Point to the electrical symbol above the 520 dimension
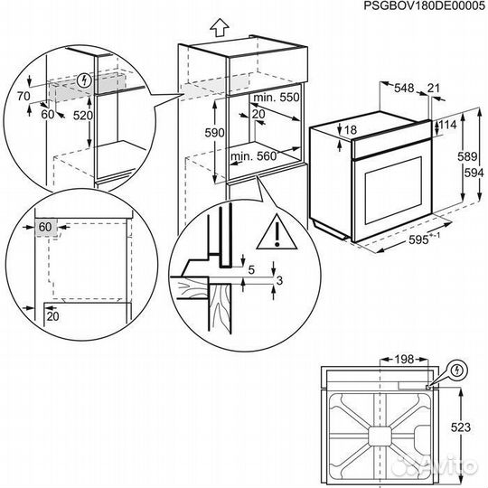click(x=84, y=79)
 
